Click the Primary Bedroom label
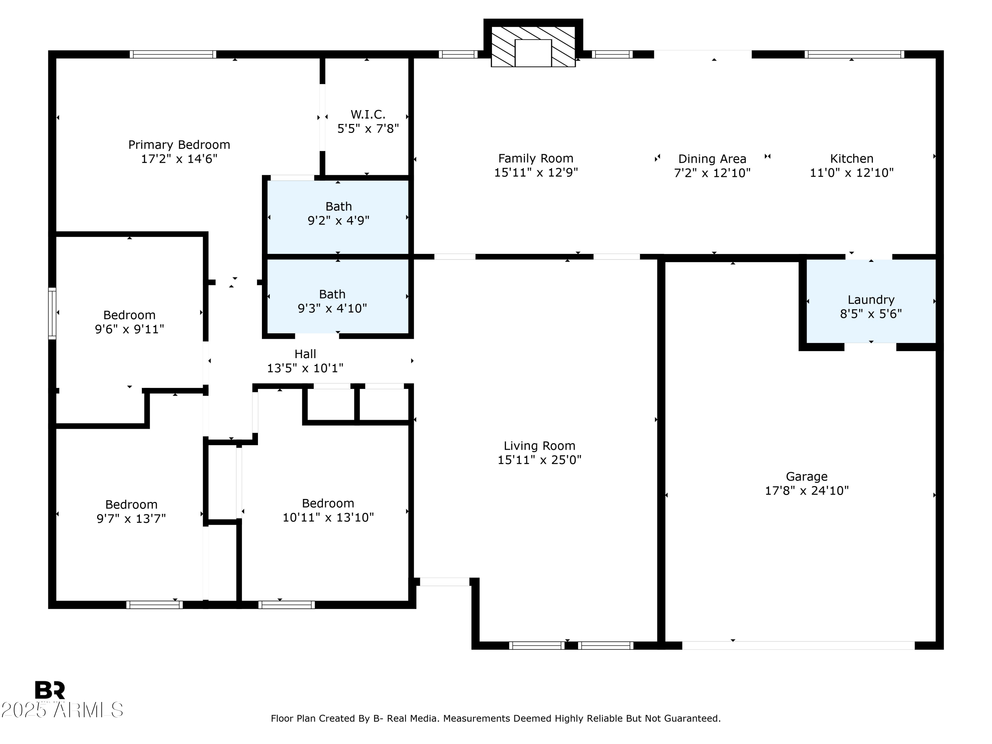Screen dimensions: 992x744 pos(179,145)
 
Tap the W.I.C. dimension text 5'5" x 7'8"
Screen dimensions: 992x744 pos(368,129)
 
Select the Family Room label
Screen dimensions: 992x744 pos(536,158)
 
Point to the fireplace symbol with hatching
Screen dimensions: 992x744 pos(533,47)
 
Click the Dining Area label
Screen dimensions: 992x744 pos(712,159)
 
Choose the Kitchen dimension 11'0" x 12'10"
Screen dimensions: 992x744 pos(851,173)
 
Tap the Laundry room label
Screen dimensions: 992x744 pos(871,300)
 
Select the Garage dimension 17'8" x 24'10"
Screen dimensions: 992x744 pos(807,491)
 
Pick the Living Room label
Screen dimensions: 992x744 pos(540,446)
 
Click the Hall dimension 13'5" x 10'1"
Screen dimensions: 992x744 pos(306,368)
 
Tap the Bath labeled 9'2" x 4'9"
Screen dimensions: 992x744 pos(339,214)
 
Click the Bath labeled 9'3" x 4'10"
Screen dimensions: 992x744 pos(332,301)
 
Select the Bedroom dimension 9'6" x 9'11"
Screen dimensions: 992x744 pos(130,329)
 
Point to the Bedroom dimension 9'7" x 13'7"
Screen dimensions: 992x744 pos(131,518)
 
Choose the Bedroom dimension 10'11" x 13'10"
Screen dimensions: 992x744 pos(328,517)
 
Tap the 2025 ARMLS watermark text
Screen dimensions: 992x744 pos(62,710)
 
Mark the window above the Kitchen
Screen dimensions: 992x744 pos(854,54)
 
